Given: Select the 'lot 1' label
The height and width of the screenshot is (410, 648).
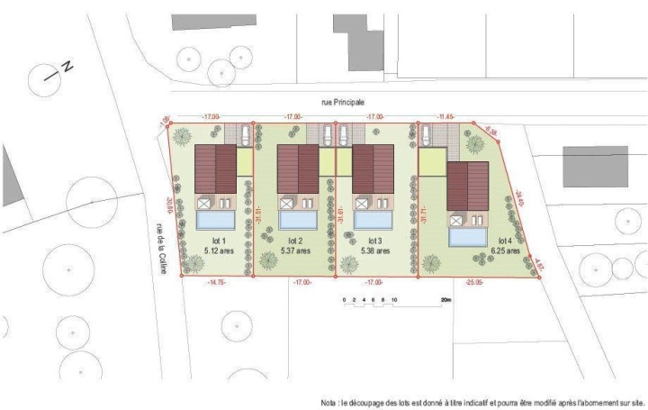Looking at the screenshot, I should click(215, 241).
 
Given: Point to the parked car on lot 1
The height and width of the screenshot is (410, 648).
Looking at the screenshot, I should click(246, 134).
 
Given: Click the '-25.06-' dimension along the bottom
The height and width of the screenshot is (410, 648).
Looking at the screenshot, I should click(474, 282).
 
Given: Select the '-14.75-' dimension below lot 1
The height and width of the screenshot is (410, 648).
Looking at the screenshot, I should click(217, 282).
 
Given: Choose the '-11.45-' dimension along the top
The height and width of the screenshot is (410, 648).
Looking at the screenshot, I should click(446, 117).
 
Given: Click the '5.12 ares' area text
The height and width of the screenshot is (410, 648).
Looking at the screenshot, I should click(215, 251).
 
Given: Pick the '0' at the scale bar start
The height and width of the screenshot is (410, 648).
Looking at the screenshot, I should click(343, 298).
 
